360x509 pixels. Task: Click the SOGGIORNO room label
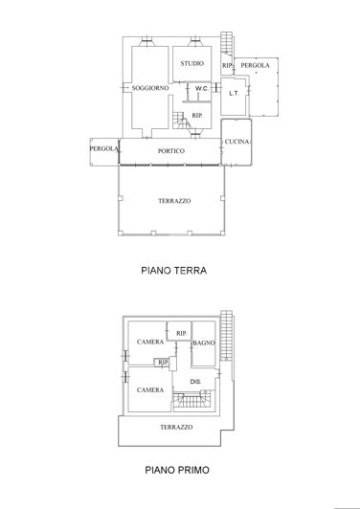[151, 88]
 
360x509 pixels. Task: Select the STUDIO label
[192, 63]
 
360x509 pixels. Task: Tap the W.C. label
[201, 89]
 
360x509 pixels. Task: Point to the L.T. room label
[233, 94]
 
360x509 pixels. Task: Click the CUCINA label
[236, 143]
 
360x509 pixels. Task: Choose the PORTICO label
[173, 151]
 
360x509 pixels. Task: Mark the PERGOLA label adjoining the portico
[103, 148]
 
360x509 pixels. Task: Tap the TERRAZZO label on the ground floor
[174, 200]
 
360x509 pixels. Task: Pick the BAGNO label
[203, 343]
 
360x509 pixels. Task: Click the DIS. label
[194, 381]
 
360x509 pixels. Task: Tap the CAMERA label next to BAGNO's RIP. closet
[149, 343]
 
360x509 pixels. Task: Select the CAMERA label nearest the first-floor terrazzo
[148, 389]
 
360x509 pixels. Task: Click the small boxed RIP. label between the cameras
[164, 363]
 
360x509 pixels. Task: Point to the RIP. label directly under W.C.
[196, 116]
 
